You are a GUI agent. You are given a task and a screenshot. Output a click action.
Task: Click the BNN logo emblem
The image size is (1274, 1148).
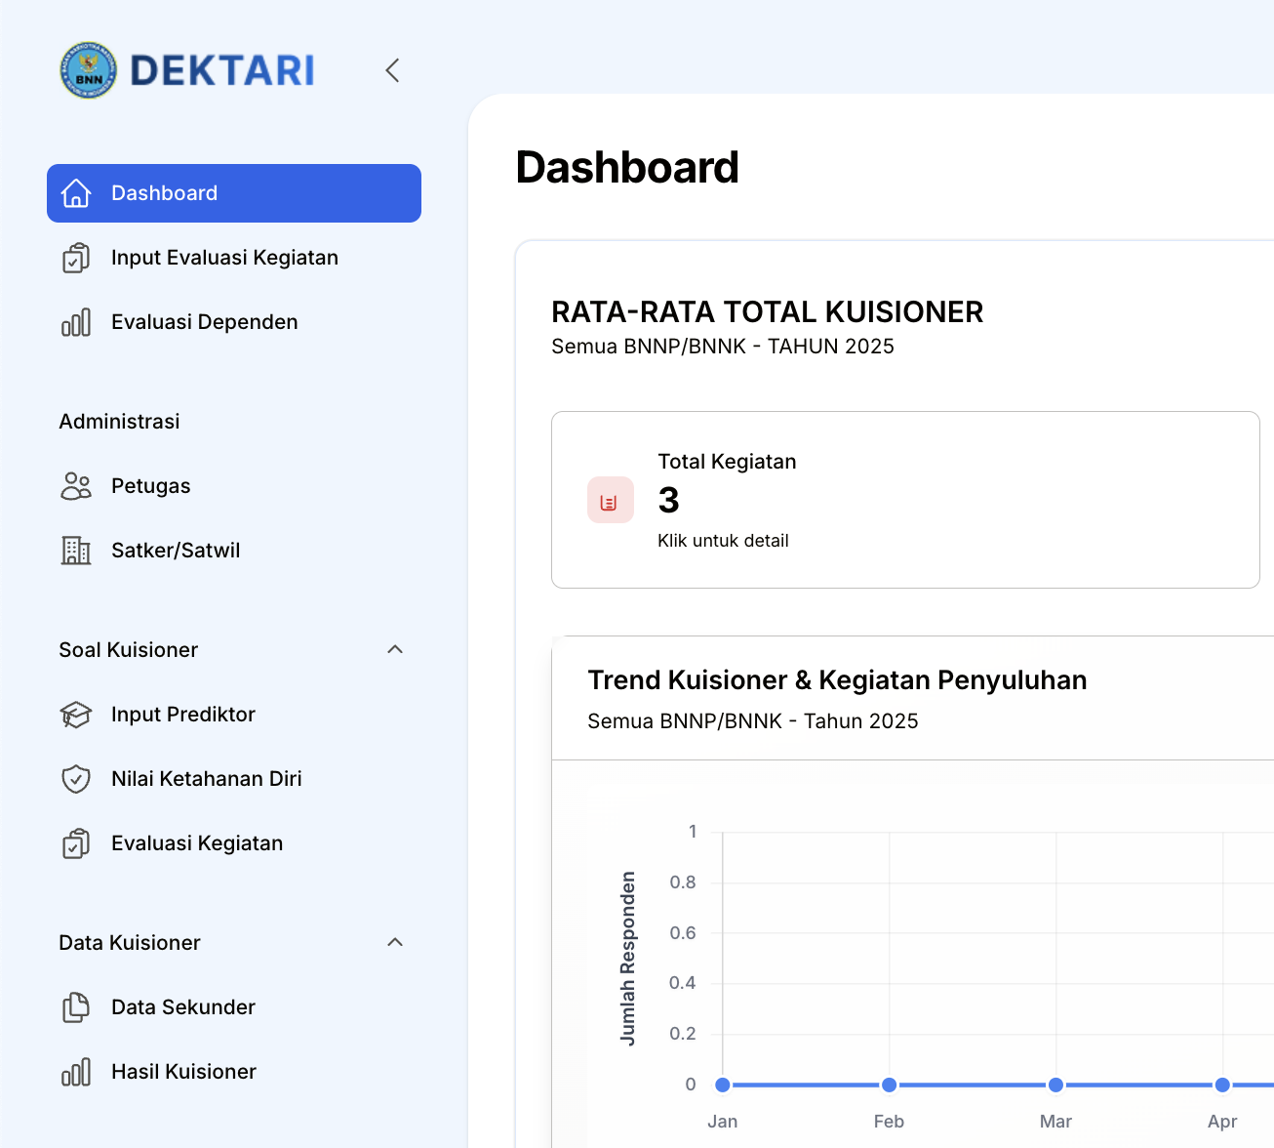pos(88,70)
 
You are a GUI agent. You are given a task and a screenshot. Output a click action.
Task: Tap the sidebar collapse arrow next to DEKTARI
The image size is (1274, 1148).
pos(392,70)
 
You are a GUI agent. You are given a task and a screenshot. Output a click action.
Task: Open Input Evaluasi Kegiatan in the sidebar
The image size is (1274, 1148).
pos(224,258)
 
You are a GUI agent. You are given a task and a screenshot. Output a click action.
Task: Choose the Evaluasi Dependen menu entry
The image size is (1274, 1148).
pos(204,322)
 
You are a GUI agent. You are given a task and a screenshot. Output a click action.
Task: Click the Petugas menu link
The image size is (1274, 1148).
pos(150,486)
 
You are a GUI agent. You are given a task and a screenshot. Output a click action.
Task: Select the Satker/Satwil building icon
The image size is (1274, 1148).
pos(76,551)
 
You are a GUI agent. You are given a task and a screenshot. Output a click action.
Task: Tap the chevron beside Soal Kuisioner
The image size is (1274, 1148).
pos(395,650)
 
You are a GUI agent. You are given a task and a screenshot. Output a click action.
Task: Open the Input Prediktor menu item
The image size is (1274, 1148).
pos(182,715)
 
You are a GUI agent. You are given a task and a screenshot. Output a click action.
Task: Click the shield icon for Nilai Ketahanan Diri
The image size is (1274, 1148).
pos(76,779)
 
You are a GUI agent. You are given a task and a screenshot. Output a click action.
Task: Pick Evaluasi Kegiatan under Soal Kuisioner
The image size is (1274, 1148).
pos(196,843)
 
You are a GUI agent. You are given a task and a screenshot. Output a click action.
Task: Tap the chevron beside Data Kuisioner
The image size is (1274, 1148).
pos(395,943)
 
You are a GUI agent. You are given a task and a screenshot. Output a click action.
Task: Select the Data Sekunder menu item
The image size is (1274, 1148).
pos(182,1007)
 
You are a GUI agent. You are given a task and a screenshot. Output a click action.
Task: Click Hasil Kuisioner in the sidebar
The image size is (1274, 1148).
pos(183,1072)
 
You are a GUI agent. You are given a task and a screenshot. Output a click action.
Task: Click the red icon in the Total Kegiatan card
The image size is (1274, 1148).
pos(610,501)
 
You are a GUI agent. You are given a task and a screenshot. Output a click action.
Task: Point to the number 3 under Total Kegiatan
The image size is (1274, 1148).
pos(668,501)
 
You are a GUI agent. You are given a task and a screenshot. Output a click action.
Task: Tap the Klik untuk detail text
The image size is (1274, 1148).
pos(723,541)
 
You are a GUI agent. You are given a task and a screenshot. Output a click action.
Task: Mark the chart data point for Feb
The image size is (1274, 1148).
pos(889,1085)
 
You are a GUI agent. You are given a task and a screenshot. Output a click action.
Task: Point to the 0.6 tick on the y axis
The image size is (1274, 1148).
pos(683,933)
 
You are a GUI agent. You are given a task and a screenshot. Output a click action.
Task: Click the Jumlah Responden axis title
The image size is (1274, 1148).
pos(628,958)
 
